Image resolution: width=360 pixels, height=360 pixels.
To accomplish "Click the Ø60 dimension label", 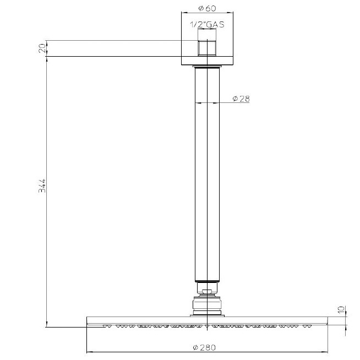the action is point(207,8).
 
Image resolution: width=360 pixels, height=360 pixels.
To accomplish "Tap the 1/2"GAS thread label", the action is point(207,24).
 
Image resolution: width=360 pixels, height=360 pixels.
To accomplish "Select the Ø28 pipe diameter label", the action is point(241,99).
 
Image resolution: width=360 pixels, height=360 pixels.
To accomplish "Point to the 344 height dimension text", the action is point(42,186).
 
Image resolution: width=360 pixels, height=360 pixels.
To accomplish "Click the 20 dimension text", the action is point(42,48).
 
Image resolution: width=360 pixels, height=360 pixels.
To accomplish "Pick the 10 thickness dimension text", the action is point(341,309).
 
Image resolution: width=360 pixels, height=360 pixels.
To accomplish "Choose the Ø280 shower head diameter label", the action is point(204,347).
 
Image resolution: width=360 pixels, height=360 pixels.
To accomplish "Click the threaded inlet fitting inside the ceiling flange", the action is point(207,48).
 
